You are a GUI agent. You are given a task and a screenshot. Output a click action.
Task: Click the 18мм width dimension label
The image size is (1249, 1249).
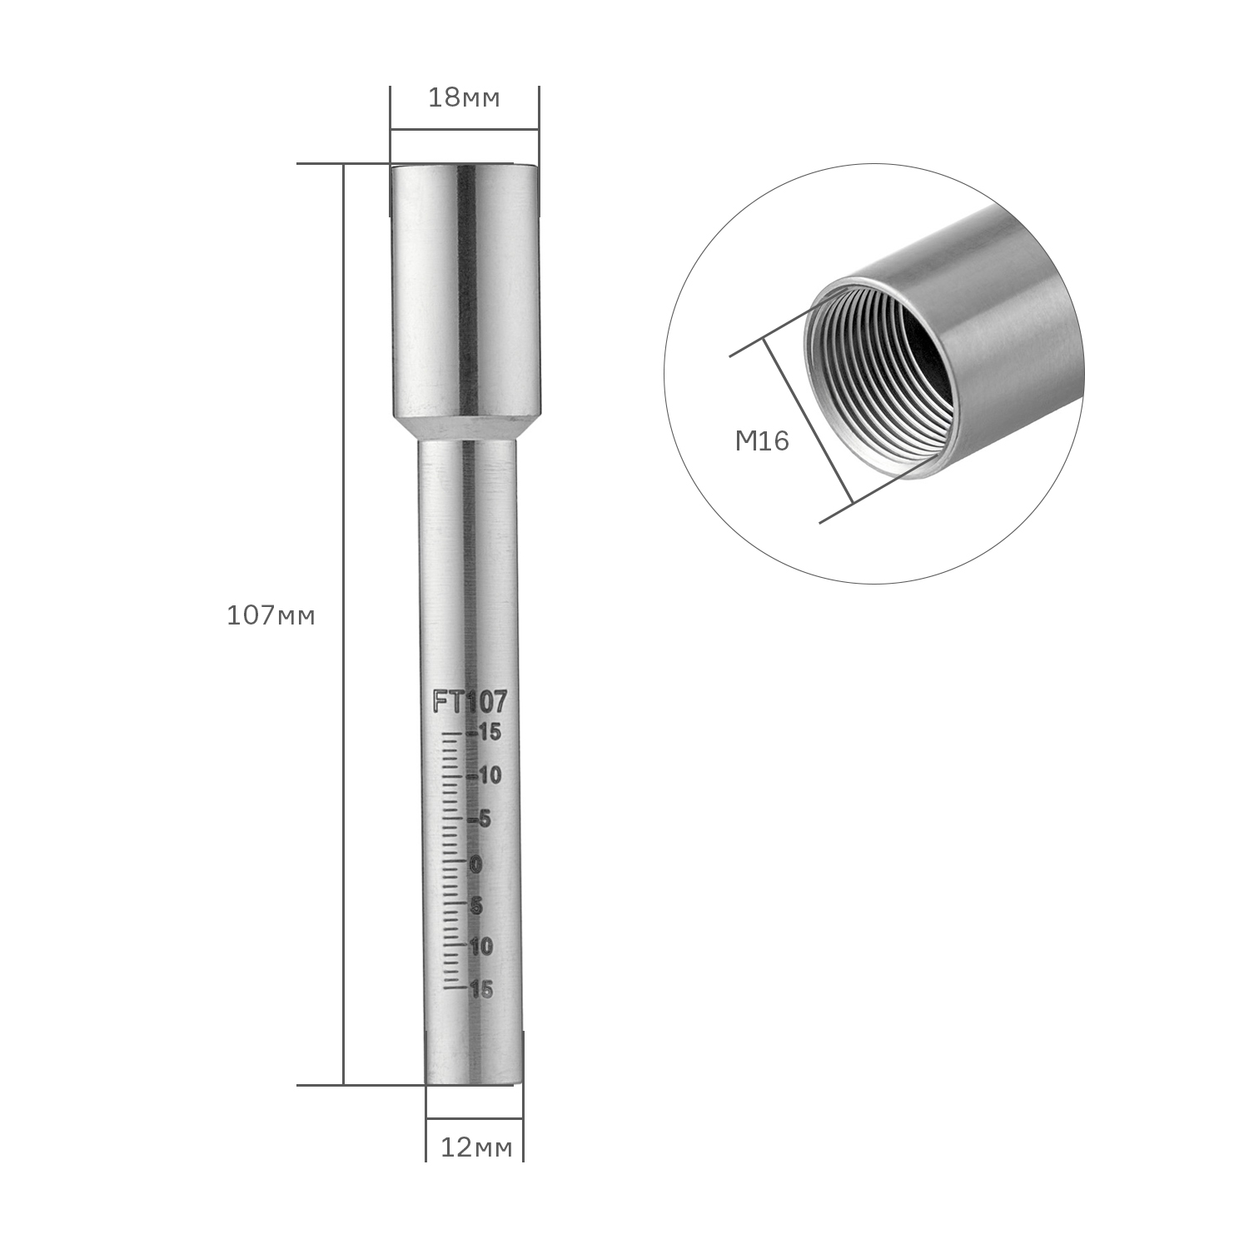[x=464, y=98]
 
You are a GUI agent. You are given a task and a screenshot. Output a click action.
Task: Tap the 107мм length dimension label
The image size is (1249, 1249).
[x=271, y=616]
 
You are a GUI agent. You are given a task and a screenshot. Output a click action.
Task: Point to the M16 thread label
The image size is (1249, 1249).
[x=762, y=440]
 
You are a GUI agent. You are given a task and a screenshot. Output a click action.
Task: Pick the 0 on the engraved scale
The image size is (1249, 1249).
[x=476, y=864]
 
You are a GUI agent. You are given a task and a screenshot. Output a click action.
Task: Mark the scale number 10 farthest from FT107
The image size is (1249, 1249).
[x=481, y=947]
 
